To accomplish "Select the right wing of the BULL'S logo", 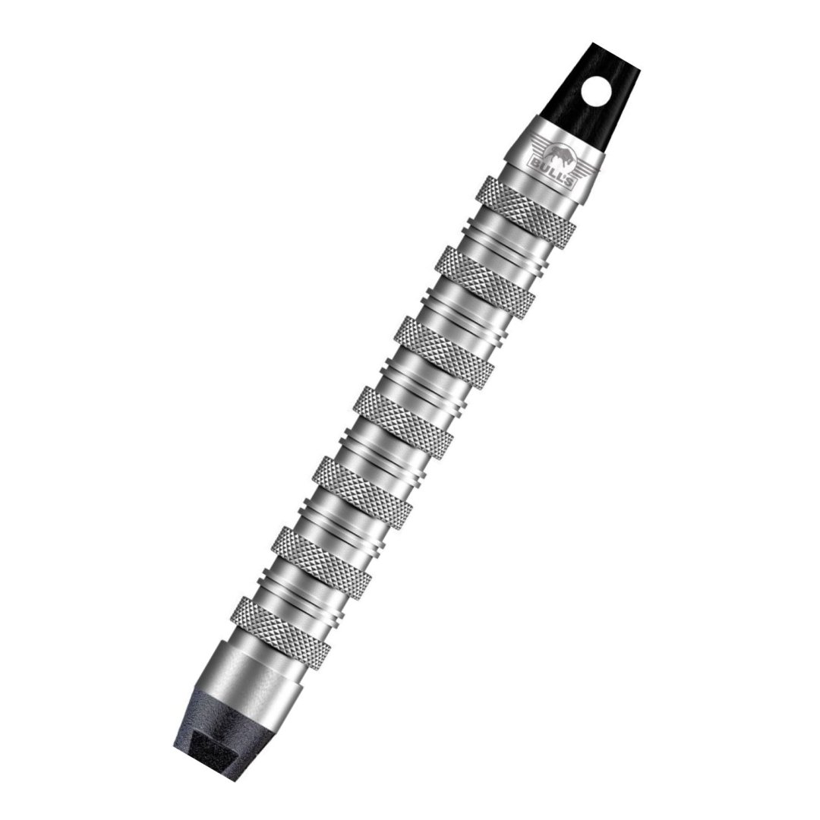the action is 585,170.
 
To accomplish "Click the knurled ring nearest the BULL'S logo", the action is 525,211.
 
